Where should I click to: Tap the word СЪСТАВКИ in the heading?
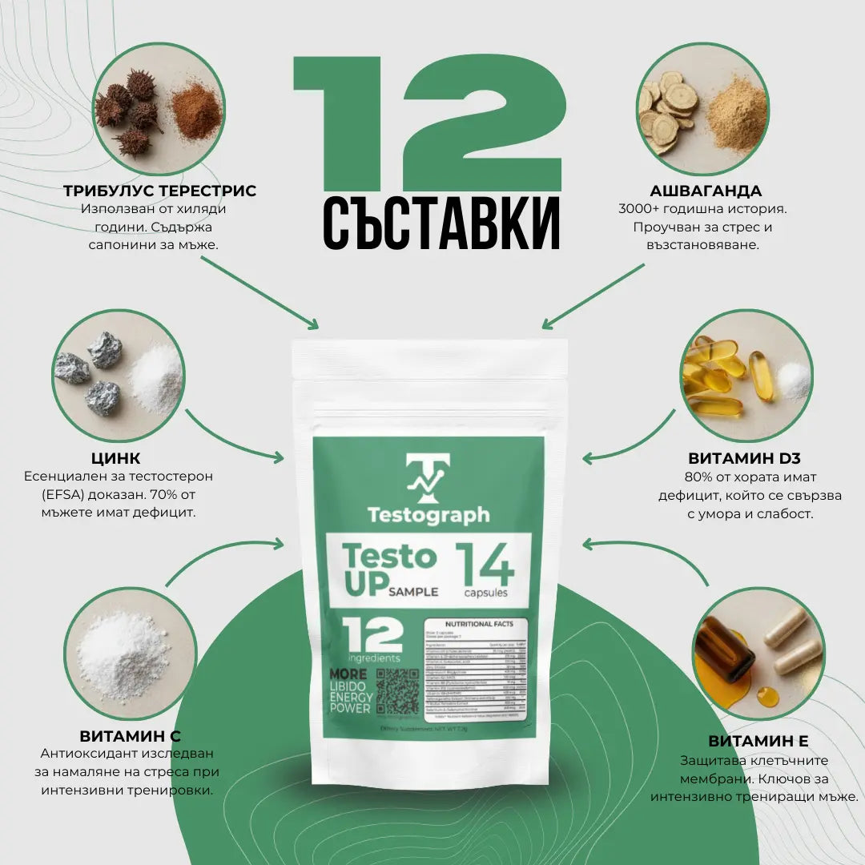click(441, 219)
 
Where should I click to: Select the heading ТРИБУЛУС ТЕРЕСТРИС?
click(160, 191)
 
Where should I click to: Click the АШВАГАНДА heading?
click(706, 191)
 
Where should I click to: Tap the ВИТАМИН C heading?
click(130, 735)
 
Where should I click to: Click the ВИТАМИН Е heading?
click(758, 741)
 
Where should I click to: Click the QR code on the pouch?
click(397, 690)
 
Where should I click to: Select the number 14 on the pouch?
click(484, 566)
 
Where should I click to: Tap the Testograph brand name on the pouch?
click(428, 514)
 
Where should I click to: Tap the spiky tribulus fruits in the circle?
click(128, 116)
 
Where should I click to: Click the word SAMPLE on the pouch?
click(413, 592)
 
